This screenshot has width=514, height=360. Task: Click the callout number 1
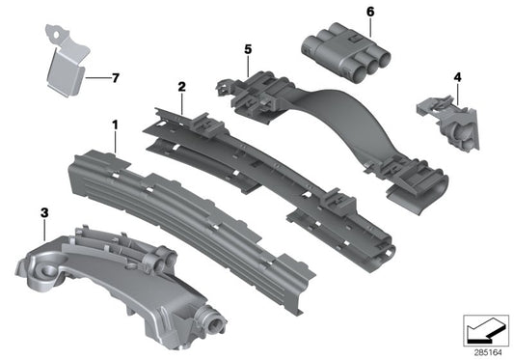click(115, 125)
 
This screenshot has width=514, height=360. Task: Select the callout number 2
click(181, 87)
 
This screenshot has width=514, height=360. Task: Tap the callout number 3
click(44, 212)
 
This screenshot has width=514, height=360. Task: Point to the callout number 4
click(458, 77)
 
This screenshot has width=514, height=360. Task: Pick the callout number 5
click(248, 49)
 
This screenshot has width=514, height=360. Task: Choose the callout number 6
click(370, 12)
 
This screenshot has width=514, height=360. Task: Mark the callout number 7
click(116, 78)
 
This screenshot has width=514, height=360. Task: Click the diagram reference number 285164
click(488, 353)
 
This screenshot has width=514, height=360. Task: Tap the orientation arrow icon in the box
click(486, 331)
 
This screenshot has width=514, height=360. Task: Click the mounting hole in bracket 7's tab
click(59, 34)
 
